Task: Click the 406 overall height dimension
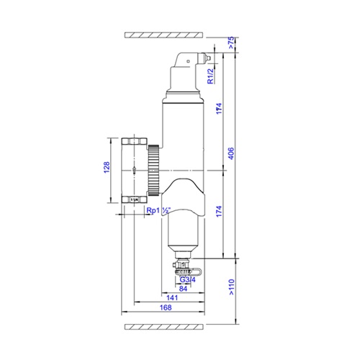click(230, 153)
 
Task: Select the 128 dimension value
click(107, 167)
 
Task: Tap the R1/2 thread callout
click(210, 76)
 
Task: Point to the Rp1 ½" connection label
click(158, 210)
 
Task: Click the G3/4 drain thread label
click(188, 279)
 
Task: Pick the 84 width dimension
click(183, 289)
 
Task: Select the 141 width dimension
click(172, 298)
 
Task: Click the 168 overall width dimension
click(166, 307)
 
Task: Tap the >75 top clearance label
click(230, 42)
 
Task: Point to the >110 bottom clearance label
click(231, 287)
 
